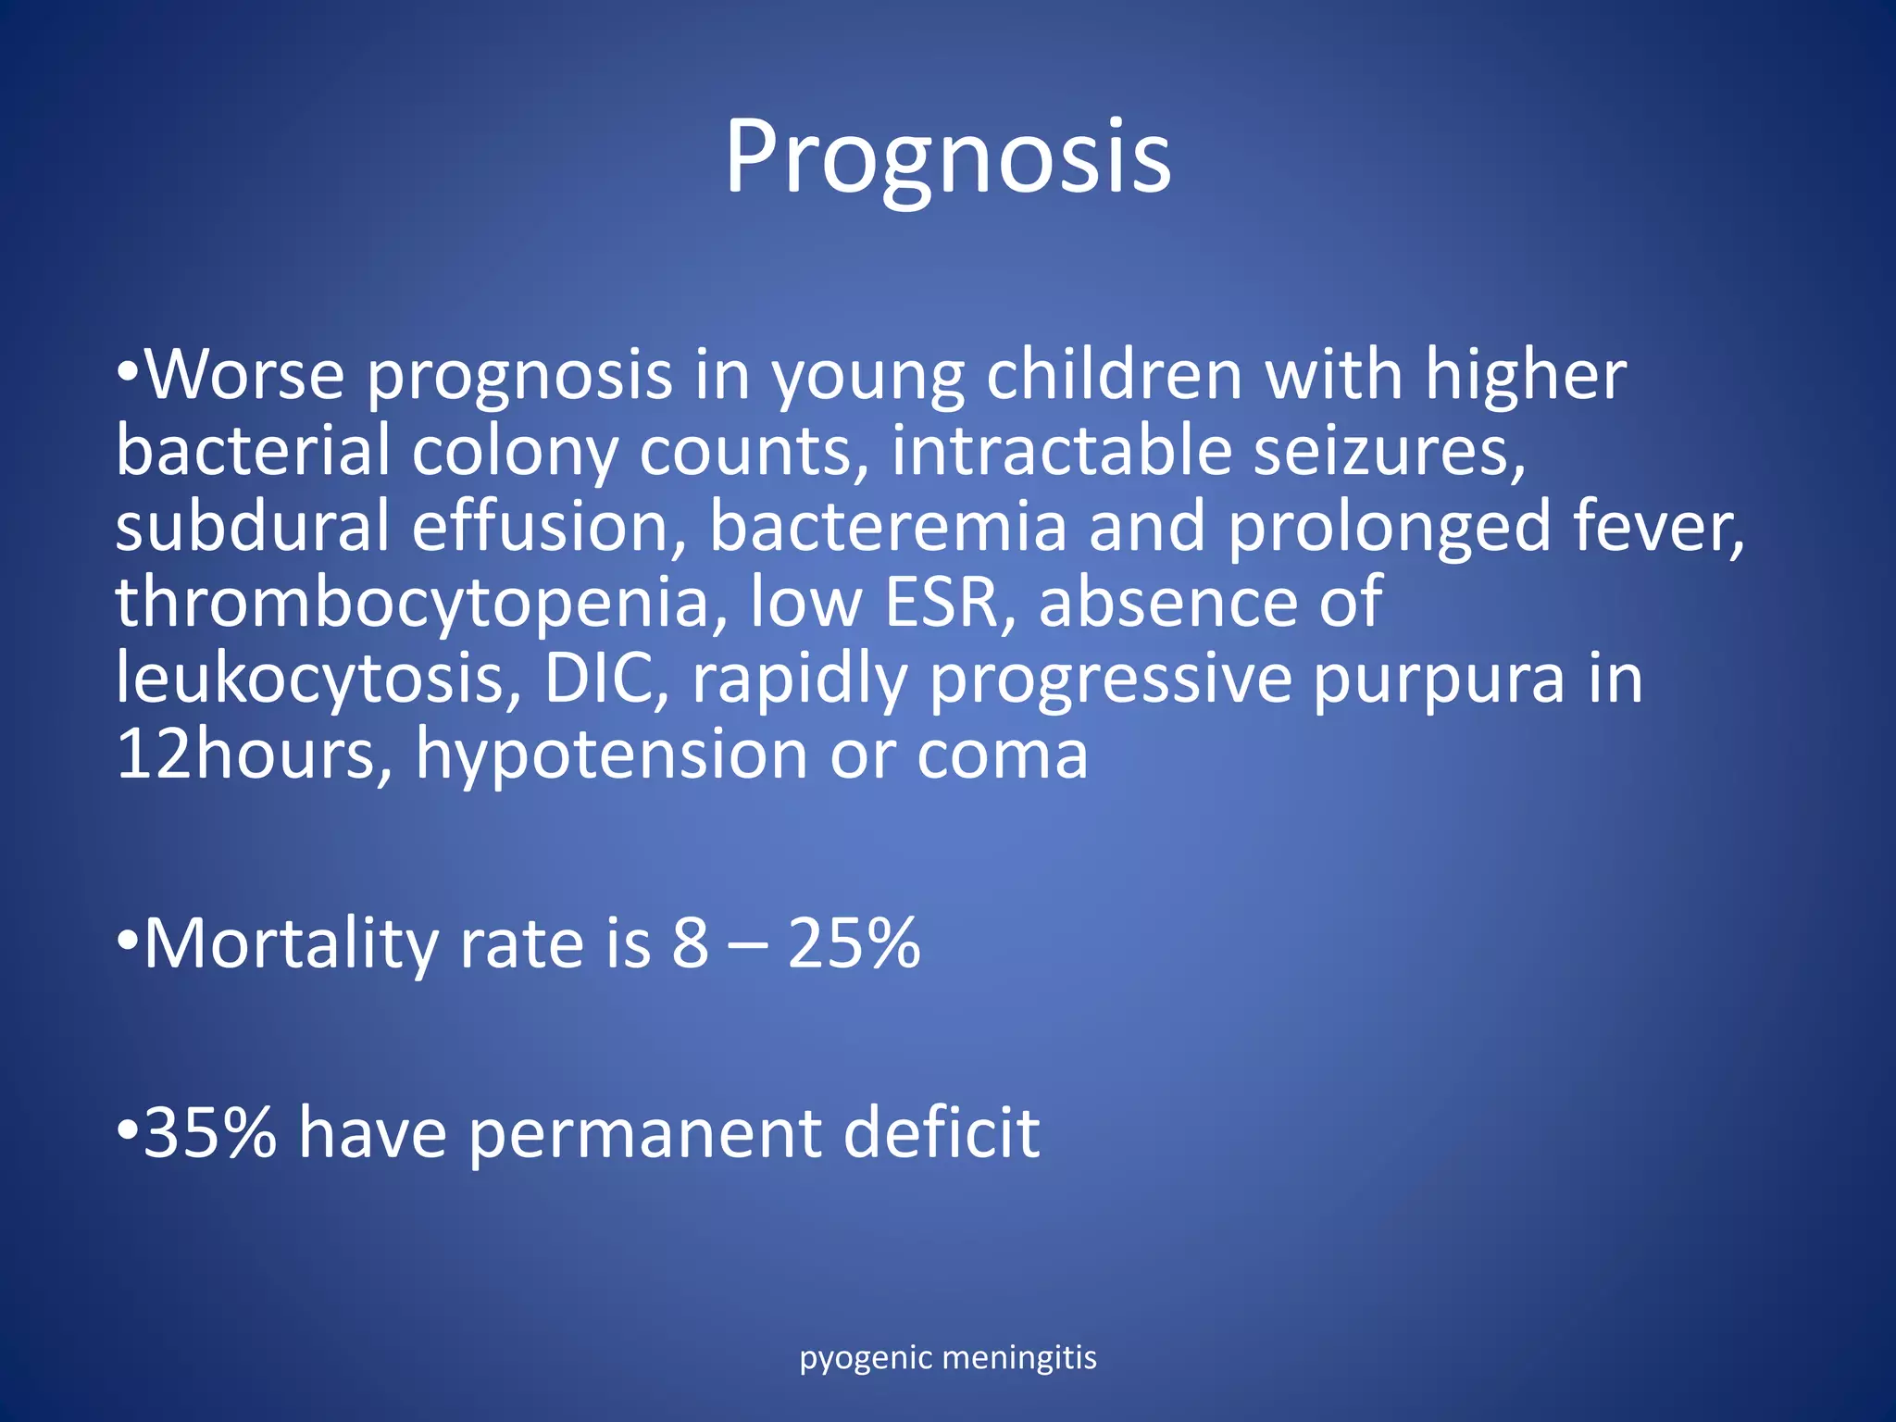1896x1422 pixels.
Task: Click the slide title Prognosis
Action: [947, 157]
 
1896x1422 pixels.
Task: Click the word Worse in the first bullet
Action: [245, 375]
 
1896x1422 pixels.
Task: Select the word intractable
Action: [1061, 451]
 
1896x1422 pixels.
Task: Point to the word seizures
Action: [1389, 451]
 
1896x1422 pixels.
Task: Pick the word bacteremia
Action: [888, 527]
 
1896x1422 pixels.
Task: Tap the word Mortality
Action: [292, 945]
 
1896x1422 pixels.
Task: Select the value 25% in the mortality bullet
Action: [854, 943]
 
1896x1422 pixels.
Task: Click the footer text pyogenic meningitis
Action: [947, 1358]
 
